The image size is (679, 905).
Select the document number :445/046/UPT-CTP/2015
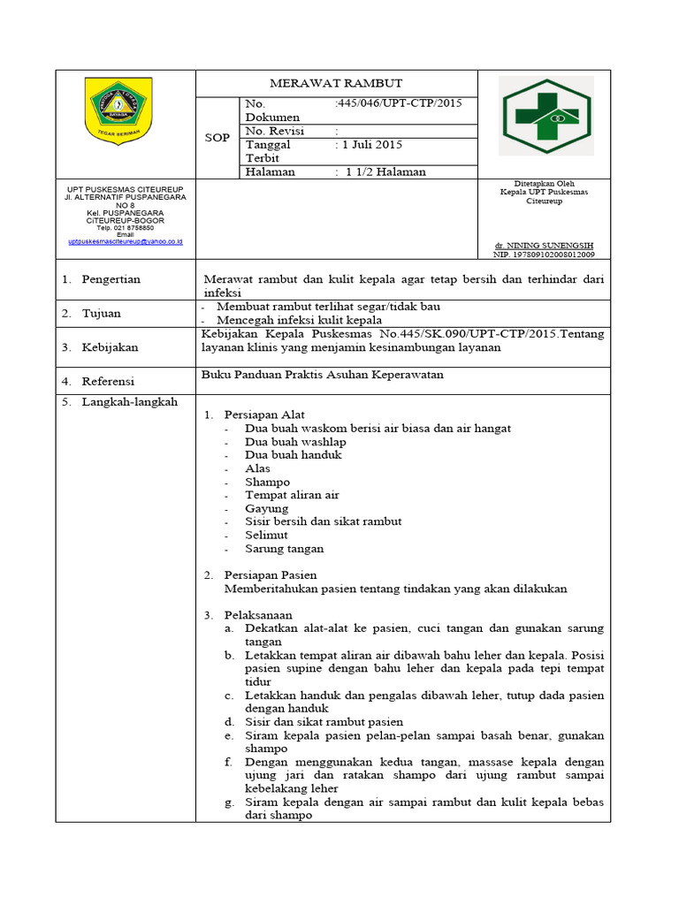(399, 103)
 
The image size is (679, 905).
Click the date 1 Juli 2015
(370, 144)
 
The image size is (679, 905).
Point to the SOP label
(217, 138)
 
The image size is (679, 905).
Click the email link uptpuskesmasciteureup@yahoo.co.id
(125, 240)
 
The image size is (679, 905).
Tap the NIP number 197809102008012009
(544, 255)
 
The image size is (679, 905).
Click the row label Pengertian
(111, 279)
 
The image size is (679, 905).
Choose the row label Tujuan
(102, 313)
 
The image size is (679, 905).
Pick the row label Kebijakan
(111, 347)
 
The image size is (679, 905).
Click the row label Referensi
(108, 381)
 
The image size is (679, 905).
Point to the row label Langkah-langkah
(129, 401)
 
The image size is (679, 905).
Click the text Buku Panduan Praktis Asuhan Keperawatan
(323, 375)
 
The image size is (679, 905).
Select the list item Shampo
(267, 482)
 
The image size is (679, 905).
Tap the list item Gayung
(266, 508)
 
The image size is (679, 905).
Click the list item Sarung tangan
(284, 548)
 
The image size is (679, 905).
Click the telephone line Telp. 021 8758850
(125, 227)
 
